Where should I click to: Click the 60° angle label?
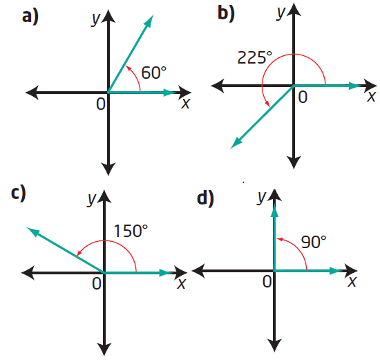pyautogui.click(x=153, y=73)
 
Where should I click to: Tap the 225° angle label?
pyautogui.click(x=255, y=57)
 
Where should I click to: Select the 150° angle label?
pyautogui.click(x=131, y=231)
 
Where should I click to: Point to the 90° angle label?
pyautogui.click(x=314, y=242)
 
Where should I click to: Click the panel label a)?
pyautogui.click(x=30, y=17)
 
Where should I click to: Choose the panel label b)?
pyautogui.click(x=226, y=13)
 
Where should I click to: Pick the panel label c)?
pyautogui.click(x=19, y=193)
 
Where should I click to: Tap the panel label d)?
pyautogui.click(x=205, y=198)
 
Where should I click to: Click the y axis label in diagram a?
pyautogui.click(x=95, y=19)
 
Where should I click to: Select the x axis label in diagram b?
pyautogui.click(x=371, y=97)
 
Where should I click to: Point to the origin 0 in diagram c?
pyautogui.click(x=97, y=283)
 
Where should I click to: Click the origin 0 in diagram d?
pyautogui.click(x=267, y=281)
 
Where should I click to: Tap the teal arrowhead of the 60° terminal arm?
pyautogui.click(x=149, y=21)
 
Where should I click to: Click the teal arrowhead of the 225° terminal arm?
pyautogui.click(x=236, y=142)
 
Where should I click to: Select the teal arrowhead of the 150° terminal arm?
pyautogui.click(x=32, y=231)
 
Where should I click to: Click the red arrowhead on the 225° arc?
pyautogui.click(x=267, y=104)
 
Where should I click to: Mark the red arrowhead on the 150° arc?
pyautogui.click(x=79, y=254)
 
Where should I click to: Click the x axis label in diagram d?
pyautogui.click(x=352, y=282)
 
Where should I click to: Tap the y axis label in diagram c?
pyautogui.click(x=92, y=199)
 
